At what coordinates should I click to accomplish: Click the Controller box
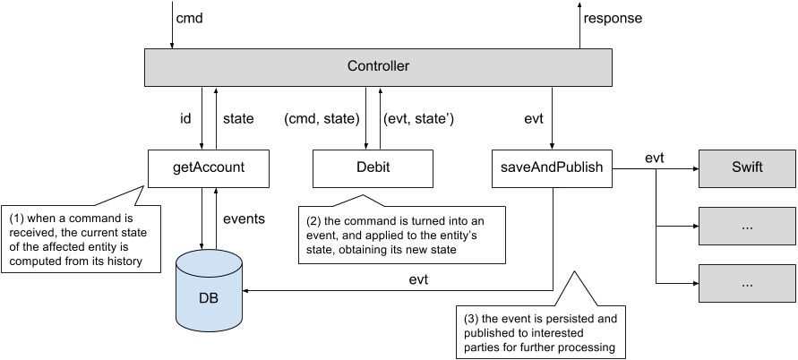(378, 67)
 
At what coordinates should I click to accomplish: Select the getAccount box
(209, 167)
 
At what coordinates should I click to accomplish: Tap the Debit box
(372, 167)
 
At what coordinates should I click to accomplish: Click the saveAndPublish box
(552, 167)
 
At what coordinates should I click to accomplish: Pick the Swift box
(746, 167)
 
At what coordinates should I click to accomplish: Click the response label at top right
(612, 18)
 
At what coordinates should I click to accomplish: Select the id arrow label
(186, 117)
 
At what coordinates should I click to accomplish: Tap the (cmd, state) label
(322, 117)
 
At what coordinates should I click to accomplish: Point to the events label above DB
(244, 218)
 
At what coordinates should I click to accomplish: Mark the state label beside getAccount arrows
(237, 117)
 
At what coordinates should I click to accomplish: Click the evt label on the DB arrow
(416, 279)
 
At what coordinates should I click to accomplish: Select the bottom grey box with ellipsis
(746, 283)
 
